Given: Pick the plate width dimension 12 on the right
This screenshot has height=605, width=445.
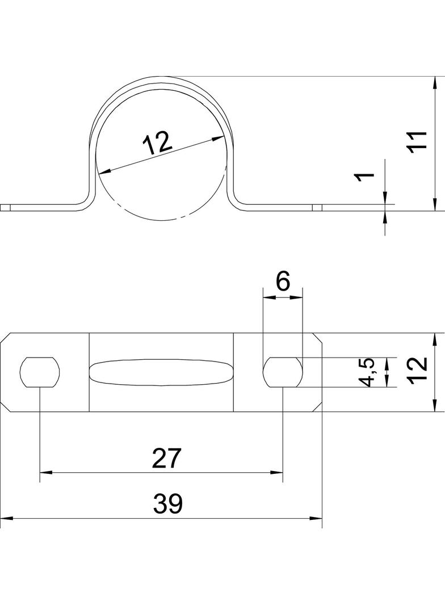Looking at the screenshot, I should pos(417,372).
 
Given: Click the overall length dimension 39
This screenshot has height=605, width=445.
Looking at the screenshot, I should pos(167,504).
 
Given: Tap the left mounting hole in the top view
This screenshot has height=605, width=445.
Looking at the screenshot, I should pos(40,372).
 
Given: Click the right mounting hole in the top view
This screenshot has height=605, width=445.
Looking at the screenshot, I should pos(283,372).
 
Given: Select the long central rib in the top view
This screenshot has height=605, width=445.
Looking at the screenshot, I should pos(161,372).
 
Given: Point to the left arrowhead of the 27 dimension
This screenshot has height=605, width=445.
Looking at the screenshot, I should pos(45,472).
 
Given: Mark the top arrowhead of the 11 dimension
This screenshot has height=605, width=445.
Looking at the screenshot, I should pos(434,83).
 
